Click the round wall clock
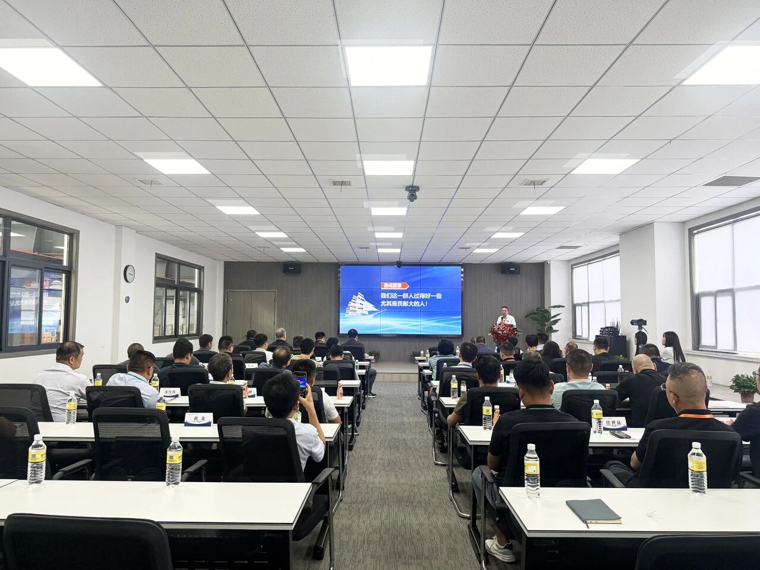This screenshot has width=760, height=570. tap(129, 273)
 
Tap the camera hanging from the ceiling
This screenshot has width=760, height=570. tap(412, 193)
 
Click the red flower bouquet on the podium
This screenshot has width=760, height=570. tap(503, 332)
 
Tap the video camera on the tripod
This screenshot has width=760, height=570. tap(638, 323)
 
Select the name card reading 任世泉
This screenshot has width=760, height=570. tap(616, 422)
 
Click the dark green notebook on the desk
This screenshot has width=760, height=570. tap(593, 511)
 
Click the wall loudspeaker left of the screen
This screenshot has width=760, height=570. tap(292, 268)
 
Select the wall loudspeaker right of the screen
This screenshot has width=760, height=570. tap(510, 269)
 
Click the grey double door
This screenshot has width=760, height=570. tap(251, 315)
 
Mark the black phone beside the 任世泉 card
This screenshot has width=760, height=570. tap(620, 435)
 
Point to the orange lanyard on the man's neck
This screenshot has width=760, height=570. tap(696, 415)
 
